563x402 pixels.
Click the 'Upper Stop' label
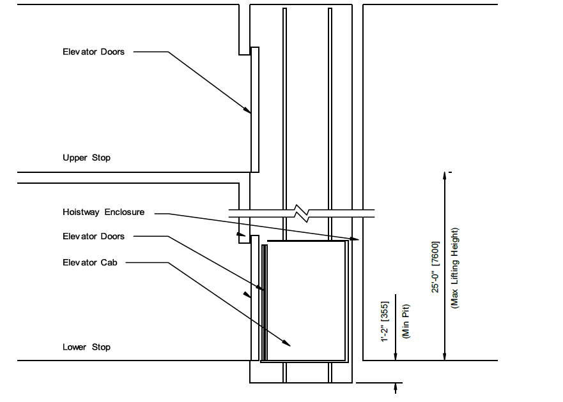(86, 158)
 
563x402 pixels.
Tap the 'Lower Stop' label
(86, 347)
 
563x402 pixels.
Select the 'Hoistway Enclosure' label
(104, 212)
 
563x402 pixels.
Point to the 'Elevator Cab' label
(90, 262)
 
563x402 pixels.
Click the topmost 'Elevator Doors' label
(93, 52)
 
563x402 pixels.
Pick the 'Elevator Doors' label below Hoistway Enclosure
(93, 236)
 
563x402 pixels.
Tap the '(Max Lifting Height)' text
(455, 268)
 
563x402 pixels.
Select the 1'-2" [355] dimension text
(385, 321)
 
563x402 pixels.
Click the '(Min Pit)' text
(405, 321)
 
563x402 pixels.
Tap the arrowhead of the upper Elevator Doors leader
(247, 110)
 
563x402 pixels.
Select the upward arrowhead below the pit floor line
(396, 386)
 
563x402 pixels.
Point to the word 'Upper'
(73, 158)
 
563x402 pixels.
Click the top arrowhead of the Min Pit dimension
(396, 298)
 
